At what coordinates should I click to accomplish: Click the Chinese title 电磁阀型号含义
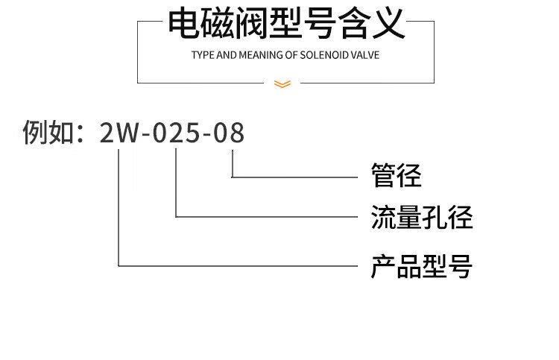[x=287, y=24]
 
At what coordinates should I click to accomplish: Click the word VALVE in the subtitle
[x=365, y=55]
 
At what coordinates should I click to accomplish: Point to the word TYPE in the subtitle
[x=203, y=55]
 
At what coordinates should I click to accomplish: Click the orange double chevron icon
[x=282, y=83]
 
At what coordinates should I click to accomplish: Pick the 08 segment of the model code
[x=229, y=133]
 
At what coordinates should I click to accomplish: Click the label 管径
[x=396, y=175]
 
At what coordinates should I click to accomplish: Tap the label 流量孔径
[x=422, y=217]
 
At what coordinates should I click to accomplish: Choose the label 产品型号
[x=422, y=266]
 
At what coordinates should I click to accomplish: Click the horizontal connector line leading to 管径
[x=295, y=177]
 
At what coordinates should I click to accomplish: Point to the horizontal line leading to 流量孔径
[x=267, y=216]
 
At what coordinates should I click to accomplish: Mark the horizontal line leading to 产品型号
[x=239, y=265]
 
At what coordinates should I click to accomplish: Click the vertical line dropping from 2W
[x=119, y=207]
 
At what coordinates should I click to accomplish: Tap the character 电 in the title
[x=183, y=24]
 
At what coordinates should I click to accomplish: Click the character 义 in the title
[x=389, y=24]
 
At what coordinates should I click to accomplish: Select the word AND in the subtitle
[x=227, y=55]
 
